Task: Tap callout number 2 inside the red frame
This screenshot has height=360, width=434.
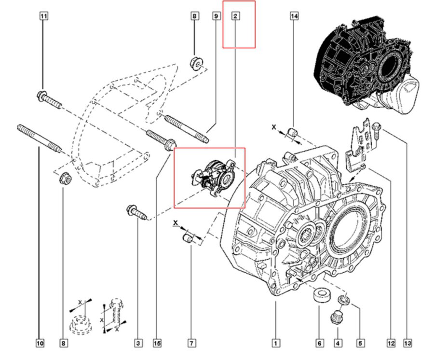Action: coord(235,16)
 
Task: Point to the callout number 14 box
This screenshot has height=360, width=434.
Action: coord(294,16)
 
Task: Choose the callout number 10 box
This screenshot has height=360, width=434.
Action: coord(40,343)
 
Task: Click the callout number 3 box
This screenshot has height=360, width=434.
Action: coord(138,343)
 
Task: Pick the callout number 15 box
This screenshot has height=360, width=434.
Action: coord(157,343)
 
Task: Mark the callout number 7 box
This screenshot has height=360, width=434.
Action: coord(191,343)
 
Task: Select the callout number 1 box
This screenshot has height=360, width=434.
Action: coord(275,343)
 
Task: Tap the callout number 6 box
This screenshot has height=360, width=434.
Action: coord(319,343)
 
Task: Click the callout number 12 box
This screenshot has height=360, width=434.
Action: coord(391,343)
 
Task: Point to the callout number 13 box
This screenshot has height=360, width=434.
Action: coord(408,343)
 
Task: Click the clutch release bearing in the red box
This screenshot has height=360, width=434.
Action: coord(212,179)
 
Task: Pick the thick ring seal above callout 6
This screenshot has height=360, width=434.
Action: coord(319,296)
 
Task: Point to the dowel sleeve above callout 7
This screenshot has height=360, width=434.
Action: coord(188,237)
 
